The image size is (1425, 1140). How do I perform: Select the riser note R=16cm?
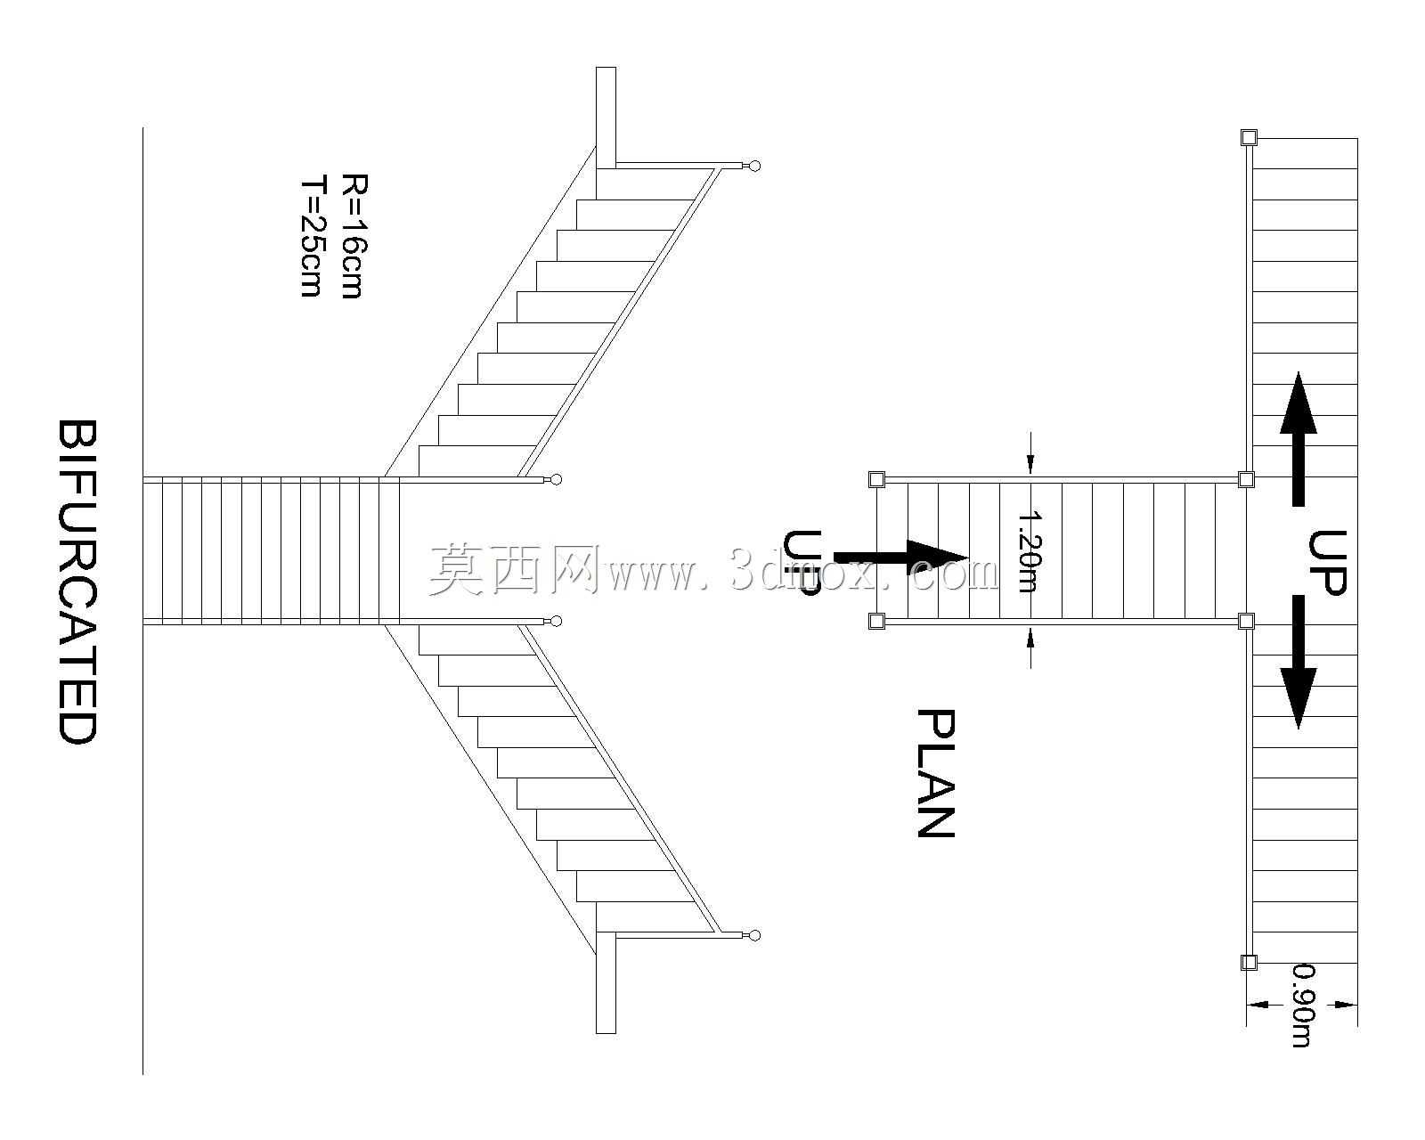tap(353, 237)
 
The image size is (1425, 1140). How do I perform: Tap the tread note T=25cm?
tap(312, 237)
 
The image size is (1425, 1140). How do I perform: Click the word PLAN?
tap(936, 774)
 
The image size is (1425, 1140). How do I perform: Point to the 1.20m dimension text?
tap(1030, 550)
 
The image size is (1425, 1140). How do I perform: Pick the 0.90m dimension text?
tap(1302, 1023)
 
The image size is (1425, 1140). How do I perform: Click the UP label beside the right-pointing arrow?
tap(802, 564)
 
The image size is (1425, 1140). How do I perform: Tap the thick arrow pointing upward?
tap(1299, 439)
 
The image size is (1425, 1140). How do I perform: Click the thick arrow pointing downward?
tap(1299, 663)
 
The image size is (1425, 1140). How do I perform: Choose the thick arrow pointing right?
tap(900, 557)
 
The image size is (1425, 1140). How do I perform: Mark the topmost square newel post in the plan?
tap(1249, 138)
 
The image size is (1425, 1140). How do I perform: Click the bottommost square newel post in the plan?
tap(1249, 981)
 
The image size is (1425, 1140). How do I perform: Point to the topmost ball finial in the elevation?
tap(754, 166)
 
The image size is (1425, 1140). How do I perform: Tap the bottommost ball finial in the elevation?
tap(754, 935)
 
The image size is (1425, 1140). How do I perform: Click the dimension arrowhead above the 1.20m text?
tap(1030, 464)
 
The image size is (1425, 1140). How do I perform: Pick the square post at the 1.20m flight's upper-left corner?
tap(876, 479)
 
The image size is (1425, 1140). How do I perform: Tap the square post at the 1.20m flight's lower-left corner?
tap(876, 621)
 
